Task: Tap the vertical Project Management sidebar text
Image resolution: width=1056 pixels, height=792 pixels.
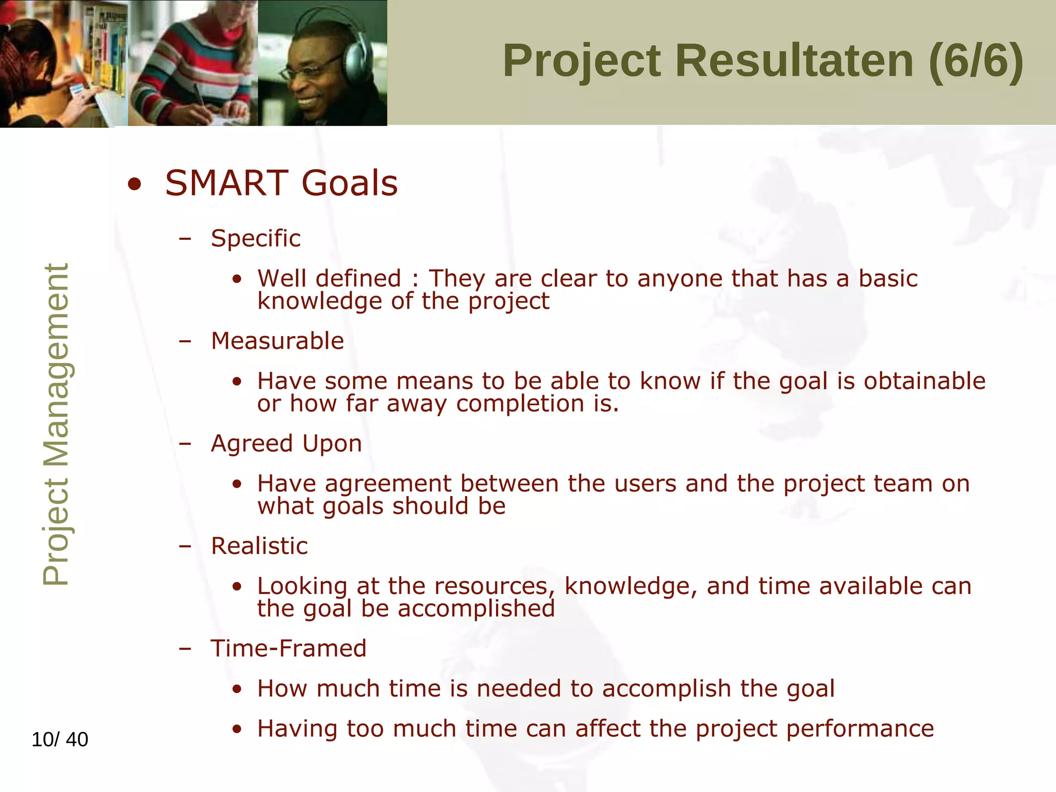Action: (x=55, y=424)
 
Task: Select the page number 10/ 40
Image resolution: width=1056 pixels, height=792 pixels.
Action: (x=60, y=739)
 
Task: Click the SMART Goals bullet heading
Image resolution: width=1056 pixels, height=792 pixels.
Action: (x=281, y=183)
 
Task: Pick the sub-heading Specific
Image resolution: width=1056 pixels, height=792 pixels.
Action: (x=255, y=238)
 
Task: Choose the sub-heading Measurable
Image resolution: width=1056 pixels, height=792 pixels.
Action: (x=277, y=341)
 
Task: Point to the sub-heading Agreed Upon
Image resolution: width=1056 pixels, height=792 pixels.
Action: (x=286, y=443)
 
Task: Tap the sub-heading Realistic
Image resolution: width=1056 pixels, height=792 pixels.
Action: (x=259, y=546)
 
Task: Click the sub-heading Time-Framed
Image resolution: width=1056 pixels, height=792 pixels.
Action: (x=288, y=648)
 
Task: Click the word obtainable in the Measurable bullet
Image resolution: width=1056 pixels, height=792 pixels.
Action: (x=925, y=381)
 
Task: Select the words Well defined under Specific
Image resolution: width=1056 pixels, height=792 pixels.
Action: (x=329, y=278)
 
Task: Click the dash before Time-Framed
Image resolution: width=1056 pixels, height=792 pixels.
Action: (x=185, y=649)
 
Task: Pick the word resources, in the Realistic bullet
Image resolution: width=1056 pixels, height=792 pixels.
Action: (x=494, y=586)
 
